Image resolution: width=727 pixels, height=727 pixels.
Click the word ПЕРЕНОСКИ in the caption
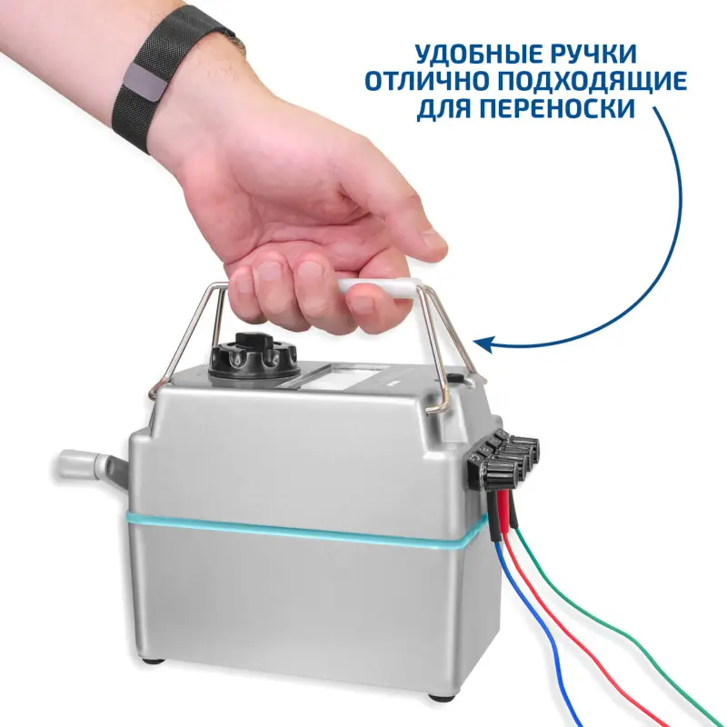click(556, 108)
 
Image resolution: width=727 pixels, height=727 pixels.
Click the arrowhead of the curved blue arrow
click(483, 344)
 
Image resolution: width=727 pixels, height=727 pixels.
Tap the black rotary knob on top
click(253, 356)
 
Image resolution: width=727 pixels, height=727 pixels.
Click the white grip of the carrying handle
click(376, 290)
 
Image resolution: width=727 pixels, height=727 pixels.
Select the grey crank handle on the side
click(90, 466)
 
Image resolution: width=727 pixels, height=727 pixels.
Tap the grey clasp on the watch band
click(146, 82)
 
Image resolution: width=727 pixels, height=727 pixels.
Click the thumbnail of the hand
click(433, 239)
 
